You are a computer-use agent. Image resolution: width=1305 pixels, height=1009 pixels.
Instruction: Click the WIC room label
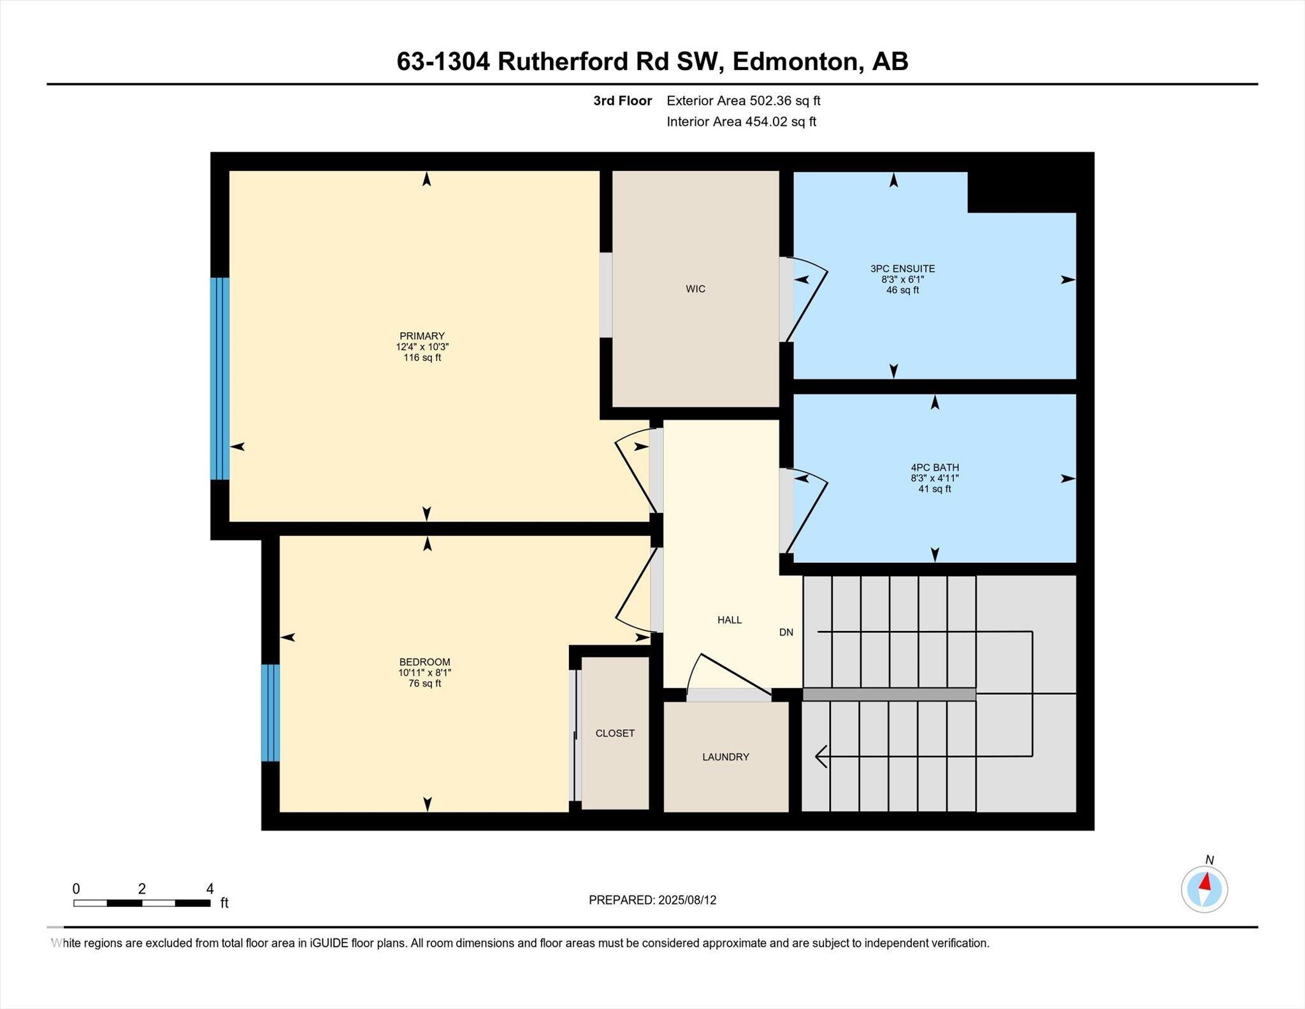point(695,289)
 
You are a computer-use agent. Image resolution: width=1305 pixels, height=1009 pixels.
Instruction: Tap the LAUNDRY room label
point(725,757)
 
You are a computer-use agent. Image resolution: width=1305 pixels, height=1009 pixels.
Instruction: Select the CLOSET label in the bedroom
point(615,733)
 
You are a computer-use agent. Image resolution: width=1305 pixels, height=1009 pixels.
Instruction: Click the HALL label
point(729,620)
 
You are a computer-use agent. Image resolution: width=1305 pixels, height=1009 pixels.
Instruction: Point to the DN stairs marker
point(786,632)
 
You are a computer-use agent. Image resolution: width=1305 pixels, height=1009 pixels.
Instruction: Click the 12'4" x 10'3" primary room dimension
point(422,347)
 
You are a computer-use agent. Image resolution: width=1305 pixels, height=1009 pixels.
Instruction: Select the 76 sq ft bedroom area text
point(424,683)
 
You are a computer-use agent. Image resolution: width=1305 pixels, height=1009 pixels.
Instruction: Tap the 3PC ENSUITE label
point(902,268)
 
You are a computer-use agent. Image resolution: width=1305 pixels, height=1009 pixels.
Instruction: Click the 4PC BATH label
point(934,467)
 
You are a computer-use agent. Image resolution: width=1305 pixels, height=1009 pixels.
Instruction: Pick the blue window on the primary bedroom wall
point(220,378)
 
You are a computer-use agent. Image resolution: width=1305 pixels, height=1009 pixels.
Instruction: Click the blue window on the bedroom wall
point(270,713)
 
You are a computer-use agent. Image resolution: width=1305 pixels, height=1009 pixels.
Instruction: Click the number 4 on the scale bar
point(210,889)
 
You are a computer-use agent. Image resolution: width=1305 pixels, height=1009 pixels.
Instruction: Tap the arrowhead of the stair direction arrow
point(821,757)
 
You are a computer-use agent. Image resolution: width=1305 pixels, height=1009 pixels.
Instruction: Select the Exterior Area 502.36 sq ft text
point(743,101)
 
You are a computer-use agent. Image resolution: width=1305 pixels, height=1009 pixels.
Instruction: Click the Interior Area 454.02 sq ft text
point(741,122)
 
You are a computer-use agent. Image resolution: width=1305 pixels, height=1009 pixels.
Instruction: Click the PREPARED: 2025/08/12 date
point(652,900)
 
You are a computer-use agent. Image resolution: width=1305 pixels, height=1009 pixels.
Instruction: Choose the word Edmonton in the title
point(794,62)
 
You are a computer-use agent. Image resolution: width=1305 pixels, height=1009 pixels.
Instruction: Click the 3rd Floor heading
point(622,101)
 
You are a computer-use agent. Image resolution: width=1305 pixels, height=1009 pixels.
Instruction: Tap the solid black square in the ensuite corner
point(1021,191)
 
